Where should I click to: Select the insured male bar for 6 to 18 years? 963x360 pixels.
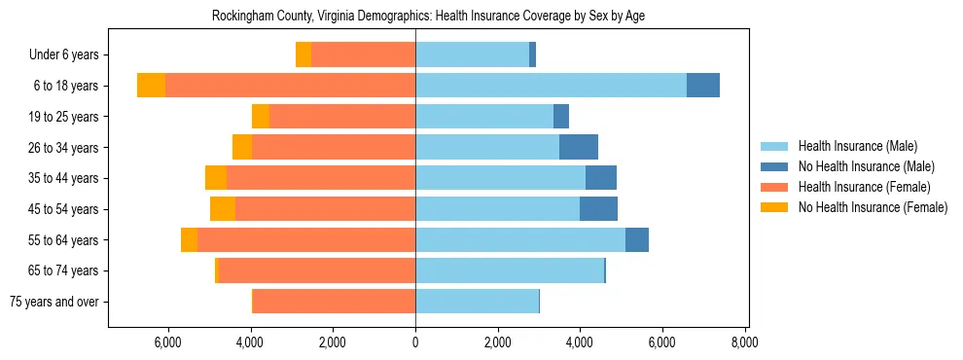click(551, 86)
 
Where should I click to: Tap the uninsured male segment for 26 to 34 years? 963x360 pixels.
click(579, 147)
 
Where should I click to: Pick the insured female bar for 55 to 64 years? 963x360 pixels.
click(306, 239)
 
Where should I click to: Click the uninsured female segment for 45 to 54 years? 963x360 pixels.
click(223, 209)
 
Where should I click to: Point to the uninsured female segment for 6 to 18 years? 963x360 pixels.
click(151, 86)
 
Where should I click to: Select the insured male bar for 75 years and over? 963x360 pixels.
click(477, 302)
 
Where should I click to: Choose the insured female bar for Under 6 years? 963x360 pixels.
click(363, 54)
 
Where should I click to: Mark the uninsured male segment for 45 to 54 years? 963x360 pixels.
click(598, 209)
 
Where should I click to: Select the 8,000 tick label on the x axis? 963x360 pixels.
click(745, 342)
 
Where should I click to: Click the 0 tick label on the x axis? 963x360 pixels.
click(415, 342)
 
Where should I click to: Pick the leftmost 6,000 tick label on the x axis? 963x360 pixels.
click(168, 342)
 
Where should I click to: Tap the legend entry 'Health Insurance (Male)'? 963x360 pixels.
click(857, 146)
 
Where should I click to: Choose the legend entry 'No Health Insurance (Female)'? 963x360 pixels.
click(873, 207)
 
